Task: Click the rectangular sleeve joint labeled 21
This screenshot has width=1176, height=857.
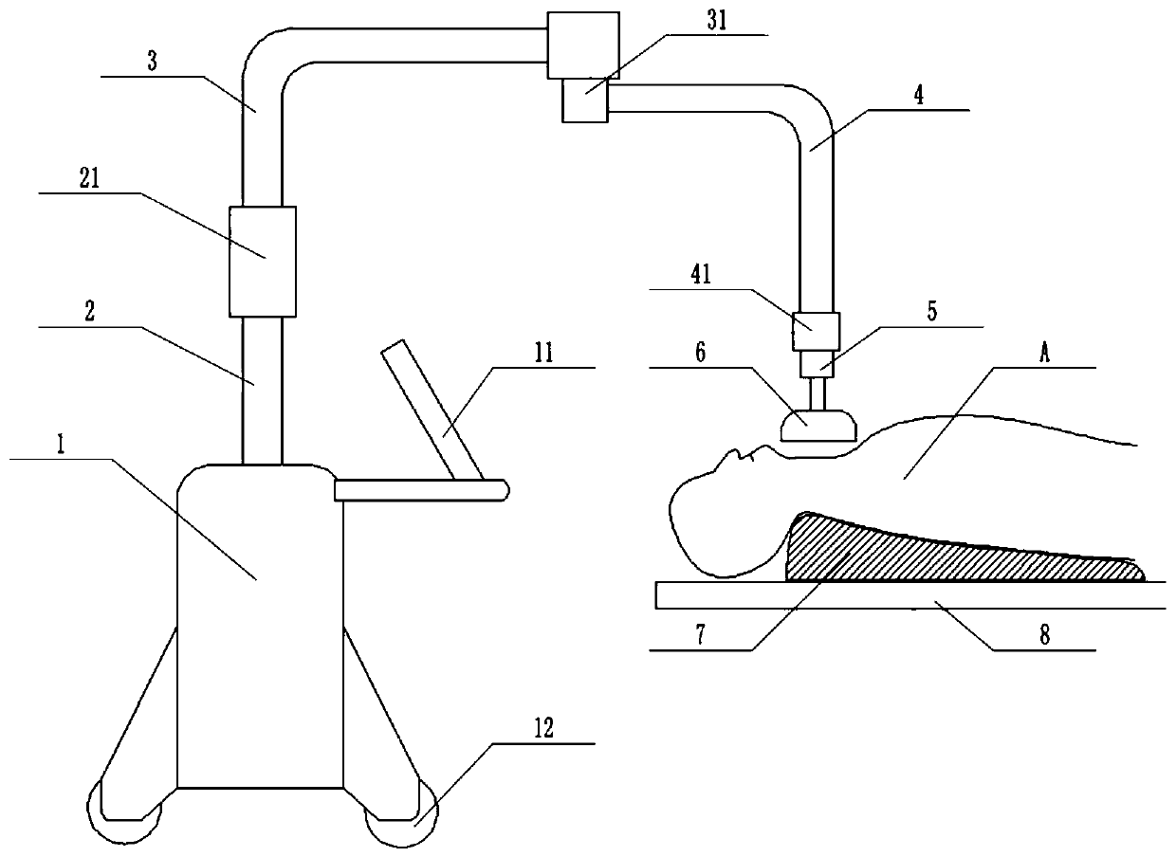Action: click(x=263, y=261)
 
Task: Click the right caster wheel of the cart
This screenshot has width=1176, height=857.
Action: click(x=395, y=818)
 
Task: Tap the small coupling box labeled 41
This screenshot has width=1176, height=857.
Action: click(x=817, y=332)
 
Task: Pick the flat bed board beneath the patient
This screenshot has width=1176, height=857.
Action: click(x=910, y=594)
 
